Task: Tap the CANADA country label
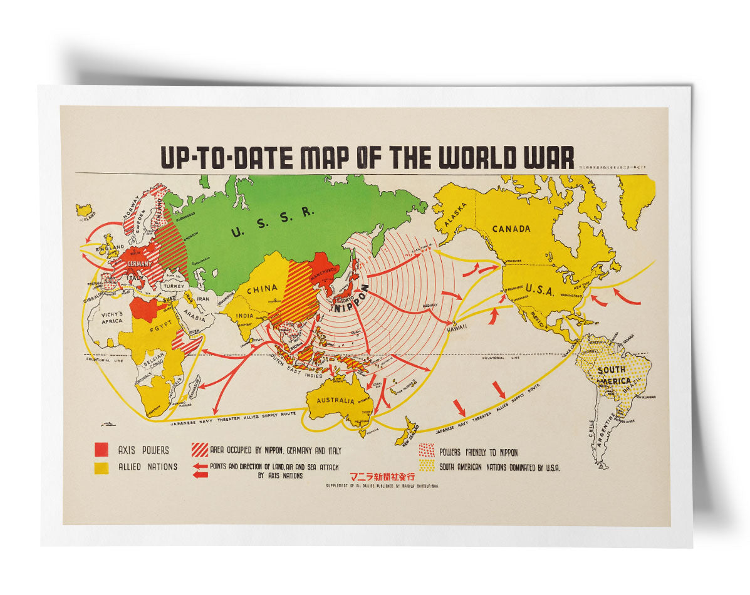pyautogui.click(x=511, y=229)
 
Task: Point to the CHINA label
pyautogui.click(x=262, y=289)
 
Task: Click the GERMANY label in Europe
pyautogui.click(x=138, y=264)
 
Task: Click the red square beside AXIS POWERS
pyautogui.click(x=102, y=449)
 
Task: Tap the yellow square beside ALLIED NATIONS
pyautogui.click(x=102, y=467)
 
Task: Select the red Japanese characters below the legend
pyautogui.click(x=382, y=476)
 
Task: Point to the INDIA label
pyautogui.click(x=245, y=316)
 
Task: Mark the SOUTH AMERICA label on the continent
pyautogui.click(x=613, y=375)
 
